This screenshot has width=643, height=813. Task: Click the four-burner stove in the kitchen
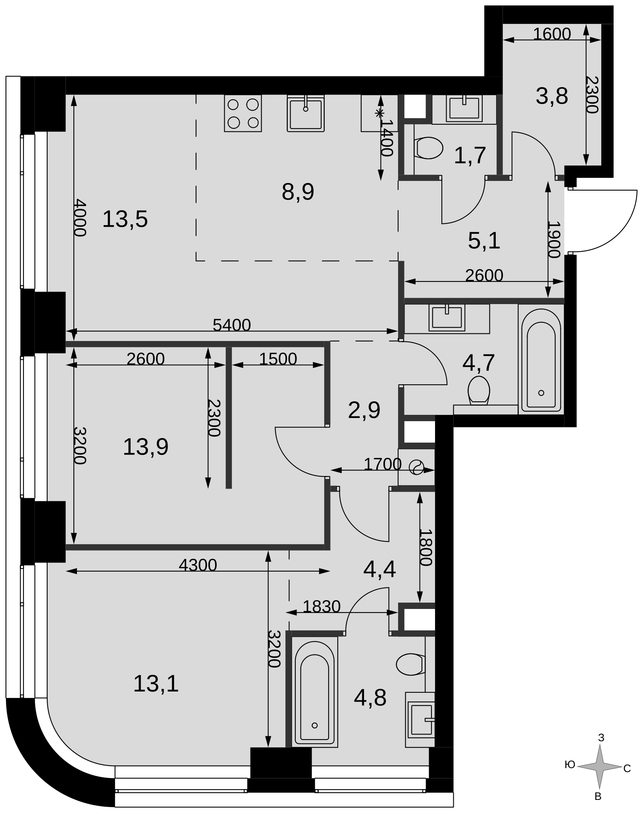pyautogui.click(x=243, y=113)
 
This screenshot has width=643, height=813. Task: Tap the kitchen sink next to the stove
pyautogui.click(x=306, y=113)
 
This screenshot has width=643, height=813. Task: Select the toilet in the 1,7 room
pyautogui.click(x=428, y=148)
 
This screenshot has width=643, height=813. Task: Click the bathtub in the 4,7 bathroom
pyautogui.click(x=541, y=360)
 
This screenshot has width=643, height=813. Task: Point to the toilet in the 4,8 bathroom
pyautogui.click(x=411, y=665)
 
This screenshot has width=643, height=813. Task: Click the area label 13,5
pyautogui.click(x=125, y=219)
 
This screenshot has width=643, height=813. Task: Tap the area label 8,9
pyautogui.click(x=298, y=192)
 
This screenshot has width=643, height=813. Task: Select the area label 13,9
pyautogui.click(x=146, y=447)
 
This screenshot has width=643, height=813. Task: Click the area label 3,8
pyautogui.click(x=552, y=96)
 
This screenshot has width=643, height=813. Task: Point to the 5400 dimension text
pyautogui.click(x=232, y=325)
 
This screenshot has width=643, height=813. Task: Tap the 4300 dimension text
pyautogui.click(x=198, y=565)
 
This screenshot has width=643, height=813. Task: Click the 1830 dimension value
pyautogui.click(x=321, y=606)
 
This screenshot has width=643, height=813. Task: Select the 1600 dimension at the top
pyautogui.click(x=552, y=34)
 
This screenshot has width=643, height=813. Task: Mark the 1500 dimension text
pyautogui.click(x=278, y=359)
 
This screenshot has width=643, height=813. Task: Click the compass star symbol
pyautogui.click(x=599, y=767)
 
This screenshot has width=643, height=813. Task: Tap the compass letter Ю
pyautogui.click(x=570, y=765)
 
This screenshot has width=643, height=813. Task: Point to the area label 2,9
pyautogui.click(x=364, y=410)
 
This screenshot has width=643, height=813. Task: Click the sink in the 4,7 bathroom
pyautogui.click(x=447, y=318)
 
